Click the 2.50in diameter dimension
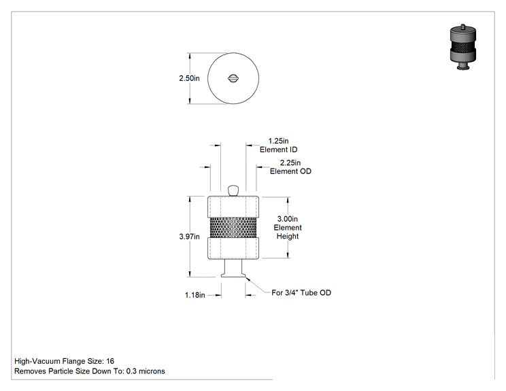[190, 78]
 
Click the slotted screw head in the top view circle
[233, 78]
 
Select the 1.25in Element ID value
[278, 141]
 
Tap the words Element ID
[278, 150]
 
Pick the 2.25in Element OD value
[290, 163]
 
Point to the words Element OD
[290, 171]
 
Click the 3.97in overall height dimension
[190, 237]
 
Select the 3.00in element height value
[288, 219]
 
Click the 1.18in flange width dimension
[195, 295]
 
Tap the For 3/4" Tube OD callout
[301, 292]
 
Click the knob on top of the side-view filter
[233, 190]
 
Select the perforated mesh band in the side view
[233, 227]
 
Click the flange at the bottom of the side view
[233, 275]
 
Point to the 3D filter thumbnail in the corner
[463, 47]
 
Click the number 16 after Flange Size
[110, 361]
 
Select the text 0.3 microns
[146, 371]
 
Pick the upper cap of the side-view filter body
[233, 207]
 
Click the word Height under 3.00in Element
[288, 237]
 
